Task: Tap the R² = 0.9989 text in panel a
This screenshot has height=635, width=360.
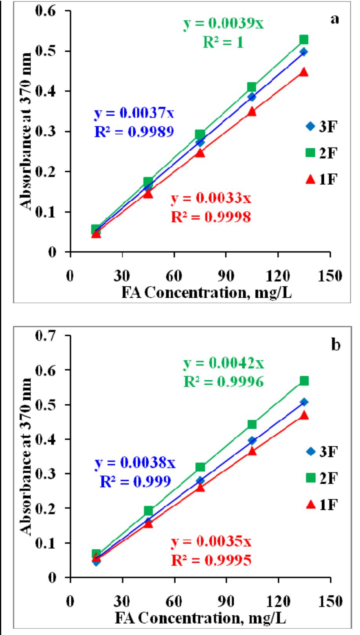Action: coord(134,132)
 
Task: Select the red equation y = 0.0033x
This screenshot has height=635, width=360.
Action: coord(211,199)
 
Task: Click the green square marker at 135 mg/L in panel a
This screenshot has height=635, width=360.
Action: coord(304,40)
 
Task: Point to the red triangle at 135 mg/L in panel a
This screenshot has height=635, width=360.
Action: coord(304,72)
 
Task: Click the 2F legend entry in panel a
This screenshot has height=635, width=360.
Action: coord(320,153)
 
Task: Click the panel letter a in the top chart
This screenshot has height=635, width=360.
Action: coord(334,19)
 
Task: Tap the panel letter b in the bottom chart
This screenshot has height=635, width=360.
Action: coord(334,346)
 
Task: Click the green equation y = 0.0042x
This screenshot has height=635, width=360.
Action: coord(224,364)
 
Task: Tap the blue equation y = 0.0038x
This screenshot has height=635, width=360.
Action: coord(135,464)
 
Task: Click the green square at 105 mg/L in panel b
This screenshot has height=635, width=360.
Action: coord(252,424)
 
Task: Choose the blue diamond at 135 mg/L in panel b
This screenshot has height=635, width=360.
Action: coord(304,402)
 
